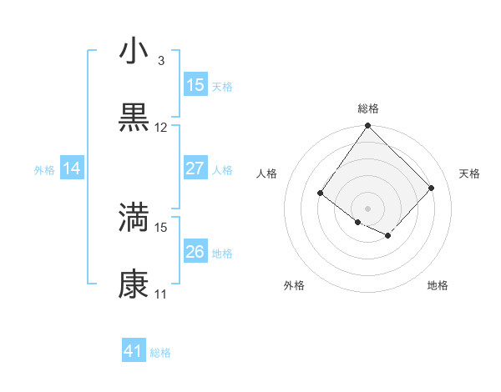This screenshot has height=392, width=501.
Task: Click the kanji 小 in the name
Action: [134, 52]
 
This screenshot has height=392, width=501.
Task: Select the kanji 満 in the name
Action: [134, 218]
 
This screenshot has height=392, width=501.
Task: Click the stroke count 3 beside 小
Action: [160, 61]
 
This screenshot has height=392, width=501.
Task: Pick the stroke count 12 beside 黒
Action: [161, 128]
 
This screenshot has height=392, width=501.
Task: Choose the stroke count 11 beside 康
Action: [161, 294]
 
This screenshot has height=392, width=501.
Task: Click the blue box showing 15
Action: [195, 84]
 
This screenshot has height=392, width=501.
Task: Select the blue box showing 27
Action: [195, 168]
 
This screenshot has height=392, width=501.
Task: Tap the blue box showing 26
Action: [195, 252]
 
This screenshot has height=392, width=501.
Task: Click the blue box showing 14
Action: [72, 168]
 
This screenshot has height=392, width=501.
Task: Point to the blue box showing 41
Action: [134, 351]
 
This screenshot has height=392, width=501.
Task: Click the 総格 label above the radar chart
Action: [367, 108]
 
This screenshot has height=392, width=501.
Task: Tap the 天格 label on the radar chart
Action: [469, 173]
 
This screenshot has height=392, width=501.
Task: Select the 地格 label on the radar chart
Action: [438, 285]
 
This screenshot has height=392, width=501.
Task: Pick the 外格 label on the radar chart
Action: [294, 285]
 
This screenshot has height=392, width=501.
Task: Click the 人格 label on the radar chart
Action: [267, 173]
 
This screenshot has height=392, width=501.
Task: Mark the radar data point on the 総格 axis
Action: [367, 127]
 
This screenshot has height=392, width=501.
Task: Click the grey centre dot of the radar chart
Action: [367, 208]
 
